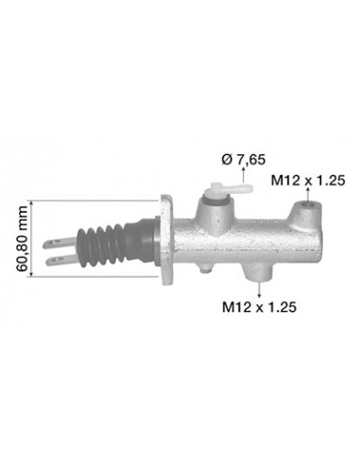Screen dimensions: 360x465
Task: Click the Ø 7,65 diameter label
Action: pos(243,160)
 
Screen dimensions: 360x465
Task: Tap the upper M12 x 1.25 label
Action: pos(308,181)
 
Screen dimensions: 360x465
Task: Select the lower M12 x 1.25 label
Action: pos(259,307)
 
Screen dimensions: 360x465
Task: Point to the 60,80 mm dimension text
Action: pos(22,238)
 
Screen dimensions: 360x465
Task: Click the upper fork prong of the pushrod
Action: pos(60,243)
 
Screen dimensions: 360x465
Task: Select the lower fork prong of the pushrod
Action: pos(61,260)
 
